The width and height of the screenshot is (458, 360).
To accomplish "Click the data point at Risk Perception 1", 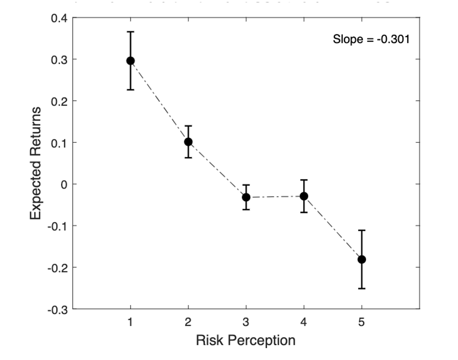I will (130, 61).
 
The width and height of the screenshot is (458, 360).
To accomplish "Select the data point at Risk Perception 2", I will (188, 142).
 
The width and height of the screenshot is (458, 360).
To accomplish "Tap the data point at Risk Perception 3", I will (246, 197).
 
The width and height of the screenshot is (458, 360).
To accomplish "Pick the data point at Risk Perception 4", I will (304, 196).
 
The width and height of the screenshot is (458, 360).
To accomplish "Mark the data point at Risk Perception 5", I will (362, 259).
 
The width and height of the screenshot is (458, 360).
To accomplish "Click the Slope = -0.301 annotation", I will (371, 39).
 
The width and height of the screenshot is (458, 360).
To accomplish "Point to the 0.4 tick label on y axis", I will (60, 18).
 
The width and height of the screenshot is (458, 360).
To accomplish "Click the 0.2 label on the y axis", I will (60, 101).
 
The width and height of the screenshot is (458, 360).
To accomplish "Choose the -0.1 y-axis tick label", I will (58, 226).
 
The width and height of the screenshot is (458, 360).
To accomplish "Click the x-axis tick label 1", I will (130, 322).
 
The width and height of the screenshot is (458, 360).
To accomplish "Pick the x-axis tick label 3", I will (246, 322).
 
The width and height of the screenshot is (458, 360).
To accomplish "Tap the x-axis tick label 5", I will (362, 322).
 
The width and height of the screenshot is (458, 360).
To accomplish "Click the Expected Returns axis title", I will (36, 163).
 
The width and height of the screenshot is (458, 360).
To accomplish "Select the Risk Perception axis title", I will (246, 340).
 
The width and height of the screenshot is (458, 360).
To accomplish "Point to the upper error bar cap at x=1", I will (130, 32).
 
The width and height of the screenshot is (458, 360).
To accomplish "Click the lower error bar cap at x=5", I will (362, 288).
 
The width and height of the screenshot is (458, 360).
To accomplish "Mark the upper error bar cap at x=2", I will (188, 126).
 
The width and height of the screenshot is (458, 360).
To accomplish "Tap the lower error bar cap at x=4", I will (304, 212).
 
